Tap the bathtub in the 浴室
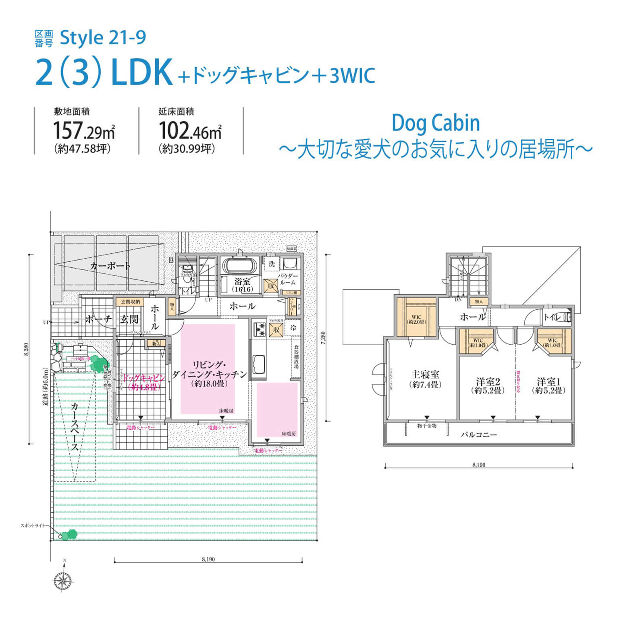pos(240,266)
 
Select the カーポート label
pos(110,266)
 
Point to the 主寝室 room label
pos(425,375)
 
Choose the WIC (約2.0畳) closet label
pos(416,320)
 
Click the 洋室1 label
pos(549,382)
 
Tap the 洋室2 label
pos(488,382)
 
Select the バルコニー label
pos(479,435)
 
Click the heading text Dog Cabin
pos(436,123)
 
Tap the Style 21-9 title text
pos(103,38)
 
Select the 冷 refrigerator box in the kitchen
pos(293,328)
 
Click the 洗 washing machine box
pos(272,264)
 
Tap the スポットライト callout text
pos(33,526)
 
